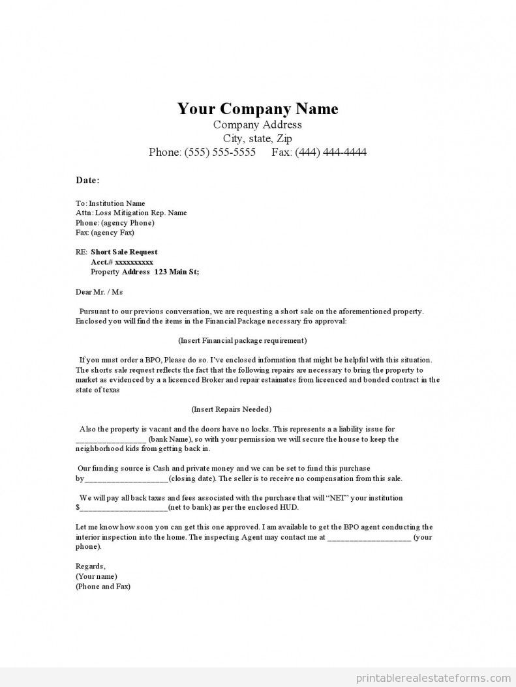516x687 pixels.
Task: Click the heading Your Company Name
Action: point(258,108)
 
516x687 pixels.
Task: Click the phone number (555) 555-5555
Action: point(220,153)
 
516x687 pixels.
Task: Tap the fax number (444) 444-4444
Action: point(330,153)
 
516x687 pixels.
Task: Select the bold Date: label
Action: point(87,180)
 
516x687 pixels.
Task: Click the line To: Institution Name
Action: point(110,203)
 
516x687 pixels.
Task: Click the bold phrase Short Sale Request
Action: point(124,252)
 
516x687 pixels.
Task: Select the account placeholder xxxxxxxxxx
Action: point(134,261)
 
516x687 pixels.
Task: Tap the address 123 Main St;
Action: point(177,271)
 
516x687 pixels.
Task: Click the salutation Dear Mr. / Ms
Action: point(99,291)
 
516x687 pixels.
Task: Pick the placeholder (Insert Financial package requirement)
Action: point(242,340)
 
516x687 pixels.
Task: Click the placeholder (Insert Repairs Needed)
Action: point(232,409)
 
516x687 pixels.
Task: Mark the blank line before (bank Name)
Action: point(110,440)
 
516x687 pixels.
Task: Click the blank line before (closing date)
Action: point(127,479)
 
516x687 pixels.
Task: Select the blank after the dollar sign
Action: point(124,508)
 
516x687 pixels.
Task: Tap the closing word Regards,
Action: point(90,566)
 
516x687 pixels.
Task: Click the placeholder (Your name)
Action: point(96,576)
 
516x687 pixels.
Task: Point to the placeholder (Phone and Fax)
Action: point(103,586)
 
